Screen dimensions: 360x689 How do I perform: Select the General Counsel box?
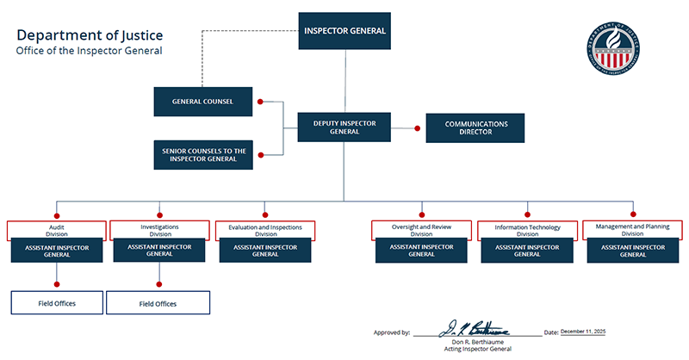pyautogui.click(x=204, y=102)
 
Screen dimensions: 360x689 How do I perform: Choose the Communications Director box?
pyautogui.click(x=475, y=128)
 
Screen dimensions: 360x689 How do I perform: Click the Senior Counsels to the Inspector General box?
pyautogui.click(x=204, y=155)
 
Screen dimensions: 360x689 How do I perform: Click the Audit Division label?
pyautogui.click(x=57, y=230)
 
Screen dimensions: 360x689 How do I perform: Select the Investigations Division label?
pyautogui.click(x=159, y=230)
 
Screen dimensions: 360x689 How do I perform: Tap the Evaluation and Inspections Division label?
pyautogui.click(x=265, y=230)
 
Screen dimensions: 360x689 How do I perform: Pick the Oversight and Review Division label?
pyautogui.click(x=421, y=230)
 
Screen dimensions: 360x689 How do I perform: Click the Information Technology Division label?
pyautogui.click(x=527, y=230)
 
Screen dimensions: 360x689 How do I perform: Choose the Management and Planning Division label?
pyautogui.click(x=632, y=230)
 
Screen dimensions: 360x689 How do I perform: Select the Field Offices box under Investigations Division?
pyautogui.click(x=159, y=303)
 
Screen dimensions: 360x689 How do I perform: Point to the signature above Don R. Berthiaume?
pyautogui.click(x=475, y=329)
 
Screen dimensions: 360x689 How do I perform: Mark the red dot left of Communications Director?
pyautogui.click(x=417, y=128)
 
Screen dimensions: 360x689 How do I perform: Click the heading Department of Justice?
pyautogui.click(x=90, y=35)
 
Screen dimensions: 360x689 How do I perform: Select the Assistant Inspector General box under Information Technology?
pyautogui.click(x=527, y=251)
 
